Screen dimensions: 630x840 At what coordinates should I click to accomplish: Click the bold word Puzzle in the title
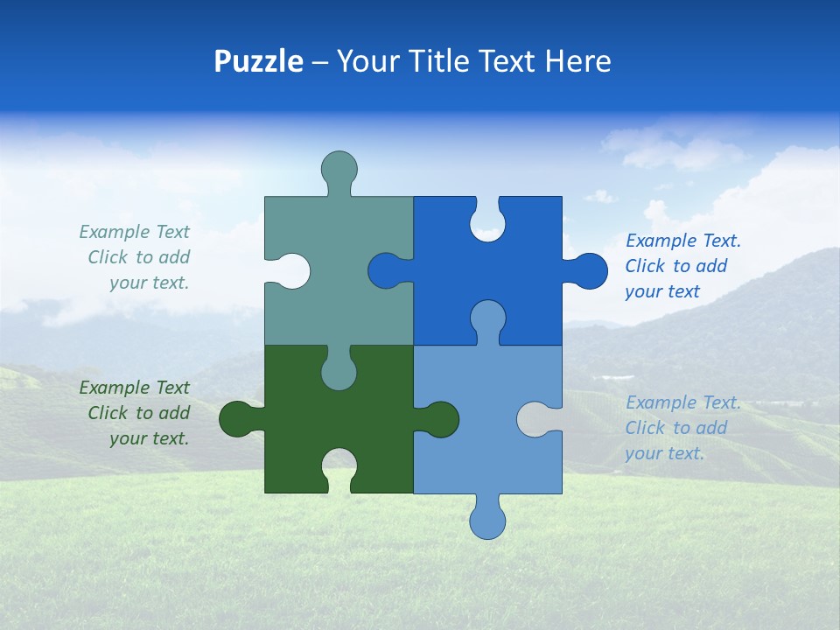click(258, 61)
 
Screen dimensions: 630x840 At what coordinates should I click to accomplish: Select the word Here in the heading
click(577, 61)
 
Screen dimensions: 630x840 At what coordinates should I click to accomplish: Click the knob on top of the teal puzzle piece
click(339, 168)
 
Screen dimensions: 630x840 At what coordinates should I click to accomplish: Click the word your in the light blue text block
click(643, 453)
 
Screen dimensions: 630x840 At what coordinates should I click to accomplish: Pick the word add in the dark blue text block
click(711, 266)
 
